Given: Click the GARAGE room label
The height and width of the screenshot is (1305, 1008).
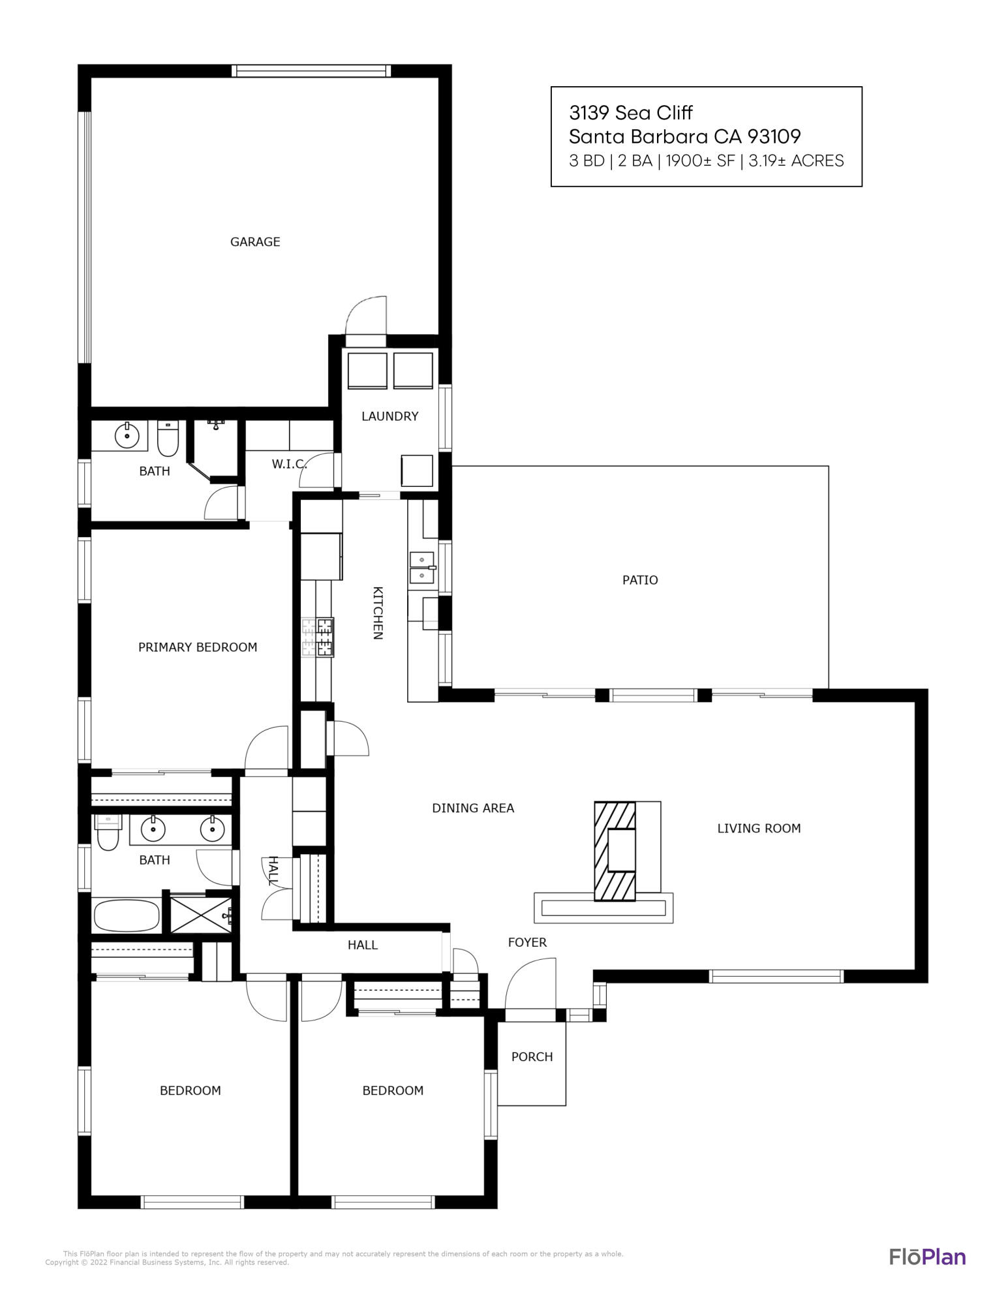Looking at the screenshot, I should point(255,242).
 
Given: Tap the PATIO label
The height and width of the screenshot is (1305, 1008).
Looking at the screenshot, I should point(639,580).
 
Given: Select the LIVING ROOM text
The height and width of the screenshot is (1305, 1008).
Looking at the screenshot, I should point(758,829).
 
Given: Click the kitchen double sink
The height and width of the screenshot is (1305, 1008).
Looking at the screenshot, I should point(421,568).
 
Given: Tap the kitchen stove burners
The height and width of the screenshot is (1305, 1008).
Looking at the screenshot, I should point(318,637).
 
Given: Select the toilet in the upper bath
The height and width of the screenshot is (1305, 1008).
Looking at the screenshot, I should point(168,440).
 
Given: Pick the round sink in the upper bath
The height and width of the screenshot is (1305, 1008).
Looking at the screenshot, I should point(127,434).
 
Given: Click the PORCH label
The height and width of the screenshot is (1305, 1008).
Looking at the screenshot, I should point(532,1057).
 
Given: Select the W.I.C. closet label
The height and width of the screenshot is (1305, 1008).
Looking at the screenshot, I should point(289,465).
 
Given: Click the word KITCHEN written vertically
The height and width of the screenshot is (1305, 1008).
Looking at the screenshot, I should point(377,613).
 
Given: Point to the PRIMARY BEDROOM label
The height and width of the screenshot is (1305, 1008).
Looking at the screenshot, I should point(198,647).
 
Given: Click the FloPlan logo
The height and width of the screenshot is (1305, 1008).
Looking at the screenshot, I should point(927,1257).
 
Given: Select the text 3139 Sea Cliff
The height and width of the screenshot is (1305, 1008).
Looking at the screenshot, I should point(630,113).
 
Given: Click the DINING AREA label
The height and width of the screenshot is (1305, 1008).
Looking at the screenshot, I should point(473,808).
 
